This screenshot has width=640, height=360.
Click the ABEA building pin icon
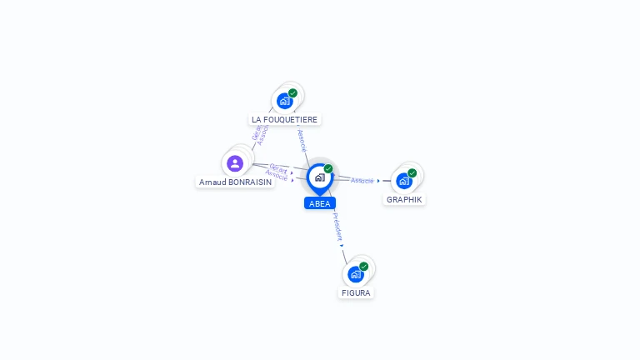point(319,177)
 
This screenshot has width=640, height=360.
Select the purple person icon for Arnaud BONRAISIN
point(235,163)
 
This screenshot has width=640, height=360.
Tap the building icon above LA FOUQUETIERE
point(285,101)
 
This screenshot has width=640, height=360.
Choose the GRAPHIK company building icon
point(404,181)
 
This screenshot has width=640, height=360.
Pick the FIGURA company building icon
point(356,274)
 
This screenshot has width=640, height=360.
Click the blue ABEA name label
point(320,203)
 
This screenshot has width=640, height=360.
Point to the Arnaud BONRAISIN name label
point(235,182)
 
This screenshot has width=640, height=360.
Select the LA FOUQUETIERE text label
point(285,119)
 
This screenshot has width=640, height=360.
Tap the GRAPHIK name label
point(404,199)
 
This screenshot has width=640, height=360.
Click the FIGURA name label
point(356,292)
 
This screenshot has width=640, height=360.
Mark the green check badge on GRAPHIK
point(412,173)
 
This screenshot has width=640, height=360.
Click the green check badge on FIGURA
point(363,267)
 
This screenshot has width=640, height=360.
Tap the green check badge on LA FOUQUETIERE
point(292,93)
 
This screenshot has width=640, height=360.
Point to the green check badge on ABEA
point(328,169)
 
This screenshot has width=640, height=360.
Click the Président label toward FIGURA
point(337,226)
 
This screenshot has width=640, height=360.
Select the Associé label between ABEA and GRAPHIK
point(362,180)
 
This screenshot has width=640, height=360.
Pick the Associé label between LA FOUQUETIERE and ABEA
point(302,139)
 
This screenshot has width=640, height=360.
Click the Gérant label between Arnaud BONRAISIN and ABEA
point(278,167)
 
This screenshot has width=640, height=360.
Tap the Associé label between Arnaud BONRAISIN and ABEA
point(276,176)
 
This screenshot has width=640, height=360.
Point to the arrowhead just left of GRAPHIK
point(378,180)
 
